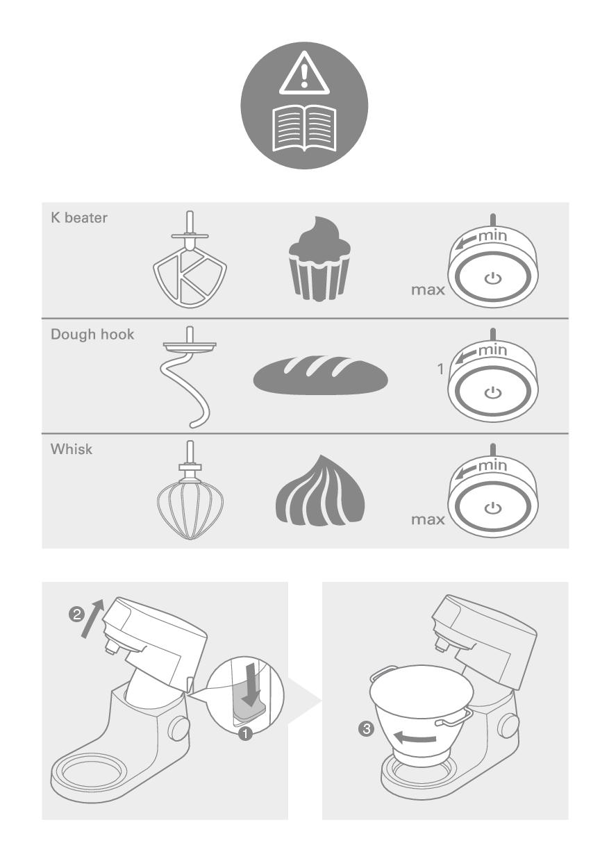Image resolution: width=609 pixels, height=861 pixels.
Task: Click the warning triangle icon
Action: [x=304, y=74]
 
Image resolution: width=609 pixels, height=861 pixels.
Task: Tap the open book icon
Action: [x=304, y=128]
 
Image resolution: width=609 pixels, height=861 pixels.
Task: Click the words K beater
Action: [x=79, y=217]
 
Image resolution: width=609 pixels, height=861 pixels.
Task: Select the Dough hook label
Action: [x=92, y=335]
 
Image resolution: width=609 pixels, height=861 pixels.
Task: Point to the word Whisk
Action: [x=72, y=449]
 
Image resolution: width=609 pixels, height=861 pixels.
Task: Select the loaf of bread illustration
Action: [x=320, y=375]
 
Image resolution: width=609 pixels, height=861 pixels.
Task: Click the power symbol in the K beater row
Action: [x=493, y=278]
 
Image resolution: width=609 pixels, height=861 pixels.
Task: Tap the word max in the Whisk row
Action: [x=428, y=519]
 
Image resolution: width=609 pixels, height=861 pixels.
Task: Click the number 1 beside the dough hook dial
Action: [x=440, y=369]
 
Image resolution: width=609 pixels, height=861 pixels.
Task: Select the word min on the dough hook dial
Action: [x=493, y=350]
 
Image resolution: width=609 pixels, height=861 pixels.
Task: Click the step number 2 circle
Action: [x=76, y=615]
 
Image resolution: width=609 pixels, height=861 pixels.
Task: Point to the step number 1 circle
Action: [x=245, y=734]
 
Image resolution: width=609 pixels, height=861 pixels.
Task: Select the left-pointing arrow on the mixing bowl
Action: [x=415, y=737]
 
